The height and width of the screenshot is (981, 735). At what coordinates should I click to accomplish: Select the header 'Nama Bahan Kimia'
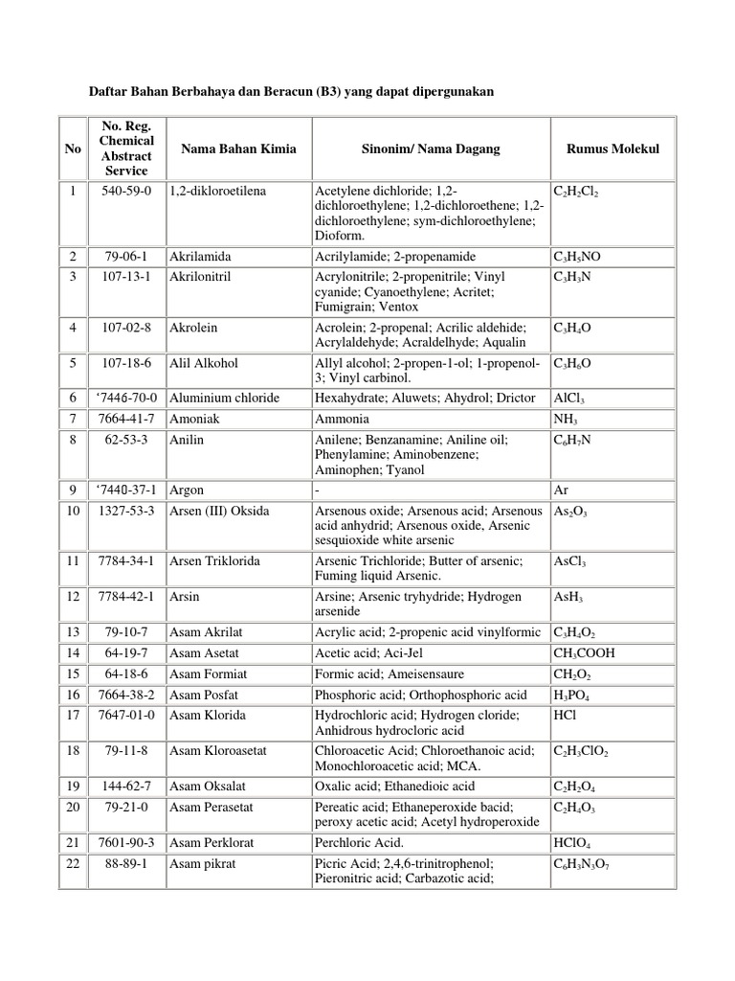point(238,148)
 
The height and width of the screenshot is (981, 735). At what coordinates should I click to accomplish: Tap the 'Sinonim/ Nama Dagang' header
point(431,148)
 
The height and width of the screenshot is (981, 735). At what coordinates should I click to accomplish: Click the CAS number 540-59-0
point(124,191)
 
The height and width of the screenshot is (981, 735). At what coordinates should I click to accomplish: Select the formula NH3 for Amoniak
point(565,420)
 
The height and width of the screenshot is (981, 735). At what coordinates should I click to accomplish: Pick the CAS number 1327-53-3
point(124,512)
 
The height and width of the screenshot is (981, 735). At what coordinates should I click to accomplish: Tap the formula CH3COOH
point(585,653)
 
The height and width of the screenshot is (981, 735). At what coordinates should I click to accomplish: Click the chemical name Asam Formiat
point(207,674)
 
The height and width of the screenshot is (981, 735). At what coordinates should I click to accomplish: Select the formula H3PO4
point(572,696)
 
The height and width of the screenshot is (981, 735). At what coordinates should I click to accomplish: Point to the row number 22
point(73,863)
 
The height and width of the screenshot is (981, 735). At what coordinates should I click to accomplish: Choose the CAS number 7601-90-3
point(124,842)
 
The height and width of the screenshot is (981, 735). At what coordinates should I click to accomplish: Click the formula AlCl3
point(569,398)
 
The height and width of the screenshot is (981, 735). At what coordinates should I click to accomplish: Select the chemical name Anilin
point(188,440)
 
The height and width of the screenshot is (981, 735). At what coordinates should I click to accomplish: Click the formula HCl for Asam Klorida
point(564,716)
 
